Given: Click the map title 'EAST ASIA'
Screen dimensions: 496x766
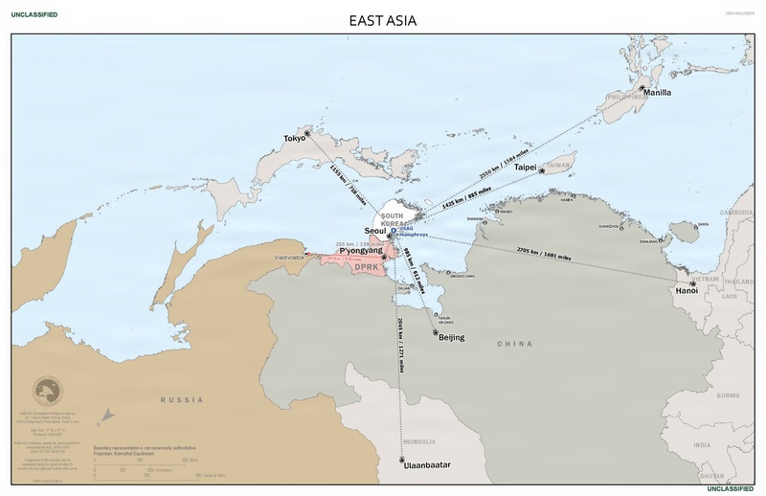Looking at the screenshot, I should pos(383,19).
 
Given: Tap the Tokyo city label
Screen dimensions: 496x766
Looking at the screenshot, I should pos(294,139).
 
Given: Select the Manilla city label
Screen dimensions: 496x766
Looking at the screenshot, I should pos(657,93).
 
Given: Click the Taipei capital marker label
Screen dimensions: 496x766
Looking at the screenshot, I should pos(525,168).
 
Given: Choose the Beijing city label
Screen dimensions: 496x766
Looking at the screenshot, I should pos(451,338).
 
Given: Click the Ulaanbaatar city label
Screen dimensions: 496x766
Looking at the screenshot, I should pos(427,463).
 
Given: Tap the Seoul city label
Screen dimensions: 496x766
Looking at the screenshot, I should pos(376,232).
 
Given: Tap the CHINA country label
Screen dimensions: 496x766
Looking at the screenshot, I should pos(513,343).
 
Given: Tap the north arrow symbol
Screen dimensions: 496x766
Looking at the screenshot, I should pos(106,417).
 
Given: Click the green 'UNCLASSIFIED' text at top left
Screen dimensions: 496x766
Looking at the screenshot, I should pos(34,15).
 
